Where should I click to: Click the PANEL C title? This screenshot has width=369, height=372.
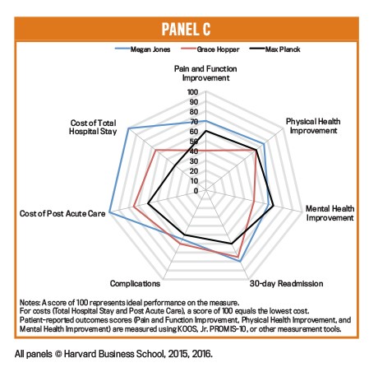tap(186, 29)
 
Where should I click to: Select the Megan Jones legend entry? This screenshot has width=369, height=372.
tap(142, 49)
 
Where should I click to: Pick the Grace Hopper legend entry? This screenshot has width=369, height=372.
tap(210, 49)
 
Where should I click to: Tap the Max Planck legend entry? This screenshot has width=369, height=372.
tap(274, 49)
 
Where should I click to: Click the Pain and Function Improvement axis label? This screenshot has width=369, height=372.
tap(205, 73)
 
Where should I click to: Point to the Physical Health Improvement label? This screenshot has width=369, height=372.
tap(313, 126)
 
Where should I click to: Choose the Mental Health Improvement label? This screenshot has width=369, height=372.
tap(330, 213)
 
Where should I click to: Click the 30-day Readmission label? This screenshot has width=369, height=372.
tap(286, 283)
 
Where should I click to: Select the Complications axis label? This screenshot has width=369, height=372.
tap(135, 283)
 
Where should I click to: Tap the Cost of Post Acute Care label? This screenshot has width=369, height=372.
tap(62, 213)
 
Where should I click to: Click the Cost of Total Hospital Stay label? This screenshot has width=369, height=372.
tap(93, 127)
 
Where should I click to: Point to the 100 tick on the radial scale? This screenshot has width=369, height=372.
tap(192, 92)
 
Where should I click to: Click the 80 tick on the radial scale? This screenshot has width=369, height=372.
tap(194, 112)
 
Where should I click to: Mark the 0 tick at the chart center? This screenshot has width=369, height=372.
tap(196, 191)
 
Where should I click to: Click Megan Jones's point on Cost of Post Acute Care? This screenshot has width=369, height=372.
tap(109, 212)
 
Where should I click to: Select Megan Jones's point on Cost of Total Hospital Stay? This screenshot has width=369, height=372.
tap(128, 128)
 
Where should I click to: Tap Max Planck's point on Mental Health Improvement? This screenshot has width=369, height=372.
tap(273, 206)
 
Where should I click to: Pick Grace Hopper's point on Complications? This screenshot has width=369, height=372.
tap(180, 244)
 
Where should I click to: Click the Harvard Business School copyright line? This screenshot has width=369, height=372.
tap(113, 354)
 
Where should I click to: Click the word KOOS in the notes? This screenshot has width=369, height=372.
tap(187, 328)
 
